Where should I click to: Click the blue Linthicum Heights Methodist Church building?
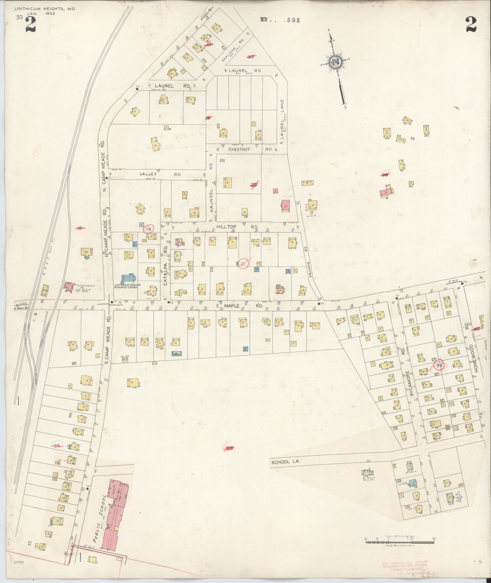[128, 278]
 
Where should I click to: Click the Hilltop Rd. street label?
[237, 227]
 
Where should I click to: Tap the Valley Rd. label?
[160, 174]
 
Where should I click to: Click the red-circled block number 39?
[439, 366]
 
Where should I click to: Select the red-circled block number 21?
[243, 264]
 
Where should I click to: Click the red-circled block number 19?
[149, 229]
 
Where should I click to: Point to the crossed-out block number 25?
[57, 446]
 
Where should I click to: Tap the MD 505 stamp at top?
[280, 20]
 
